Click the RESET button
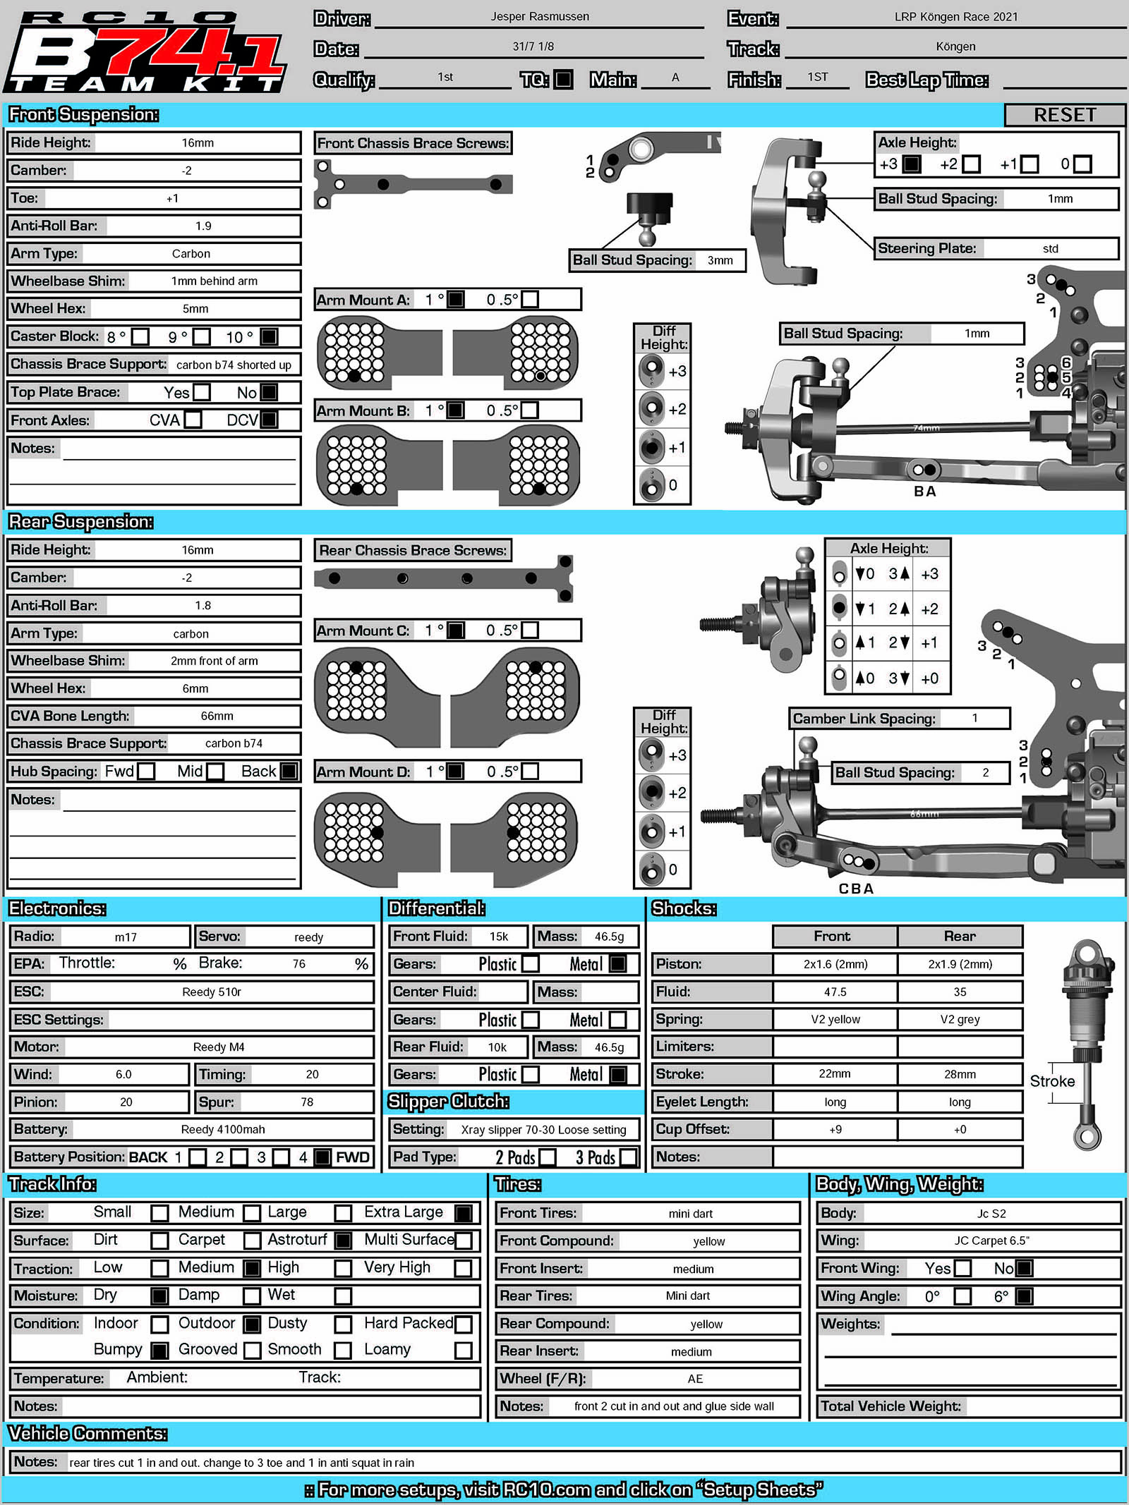[1064, 115]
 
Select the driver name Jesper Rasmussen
[540, 17]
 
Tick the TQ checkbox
[563, 80]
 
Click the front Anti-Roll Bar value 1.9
[203, 226]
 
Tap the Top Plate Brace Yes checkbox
[202, 392]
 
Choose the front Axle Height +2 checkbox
[972, 164]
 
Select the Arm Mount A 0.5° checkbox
[529, 300]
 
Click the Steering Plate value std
[1050, 248]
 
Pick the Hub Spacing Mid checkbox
[216, 772]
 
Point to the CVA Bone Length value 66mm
[217, 716]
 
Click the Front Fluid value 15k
[499, 937]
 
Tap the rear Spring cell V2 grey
[960, 1019]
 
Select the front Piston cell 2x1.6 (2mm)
[835, 964]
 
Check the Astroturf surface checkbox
[343, 1240]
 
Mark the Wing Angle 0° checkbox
[962, 1296]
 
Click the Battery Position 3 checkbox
[282, 1157]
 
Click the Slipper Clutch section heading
[449, 1102]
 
